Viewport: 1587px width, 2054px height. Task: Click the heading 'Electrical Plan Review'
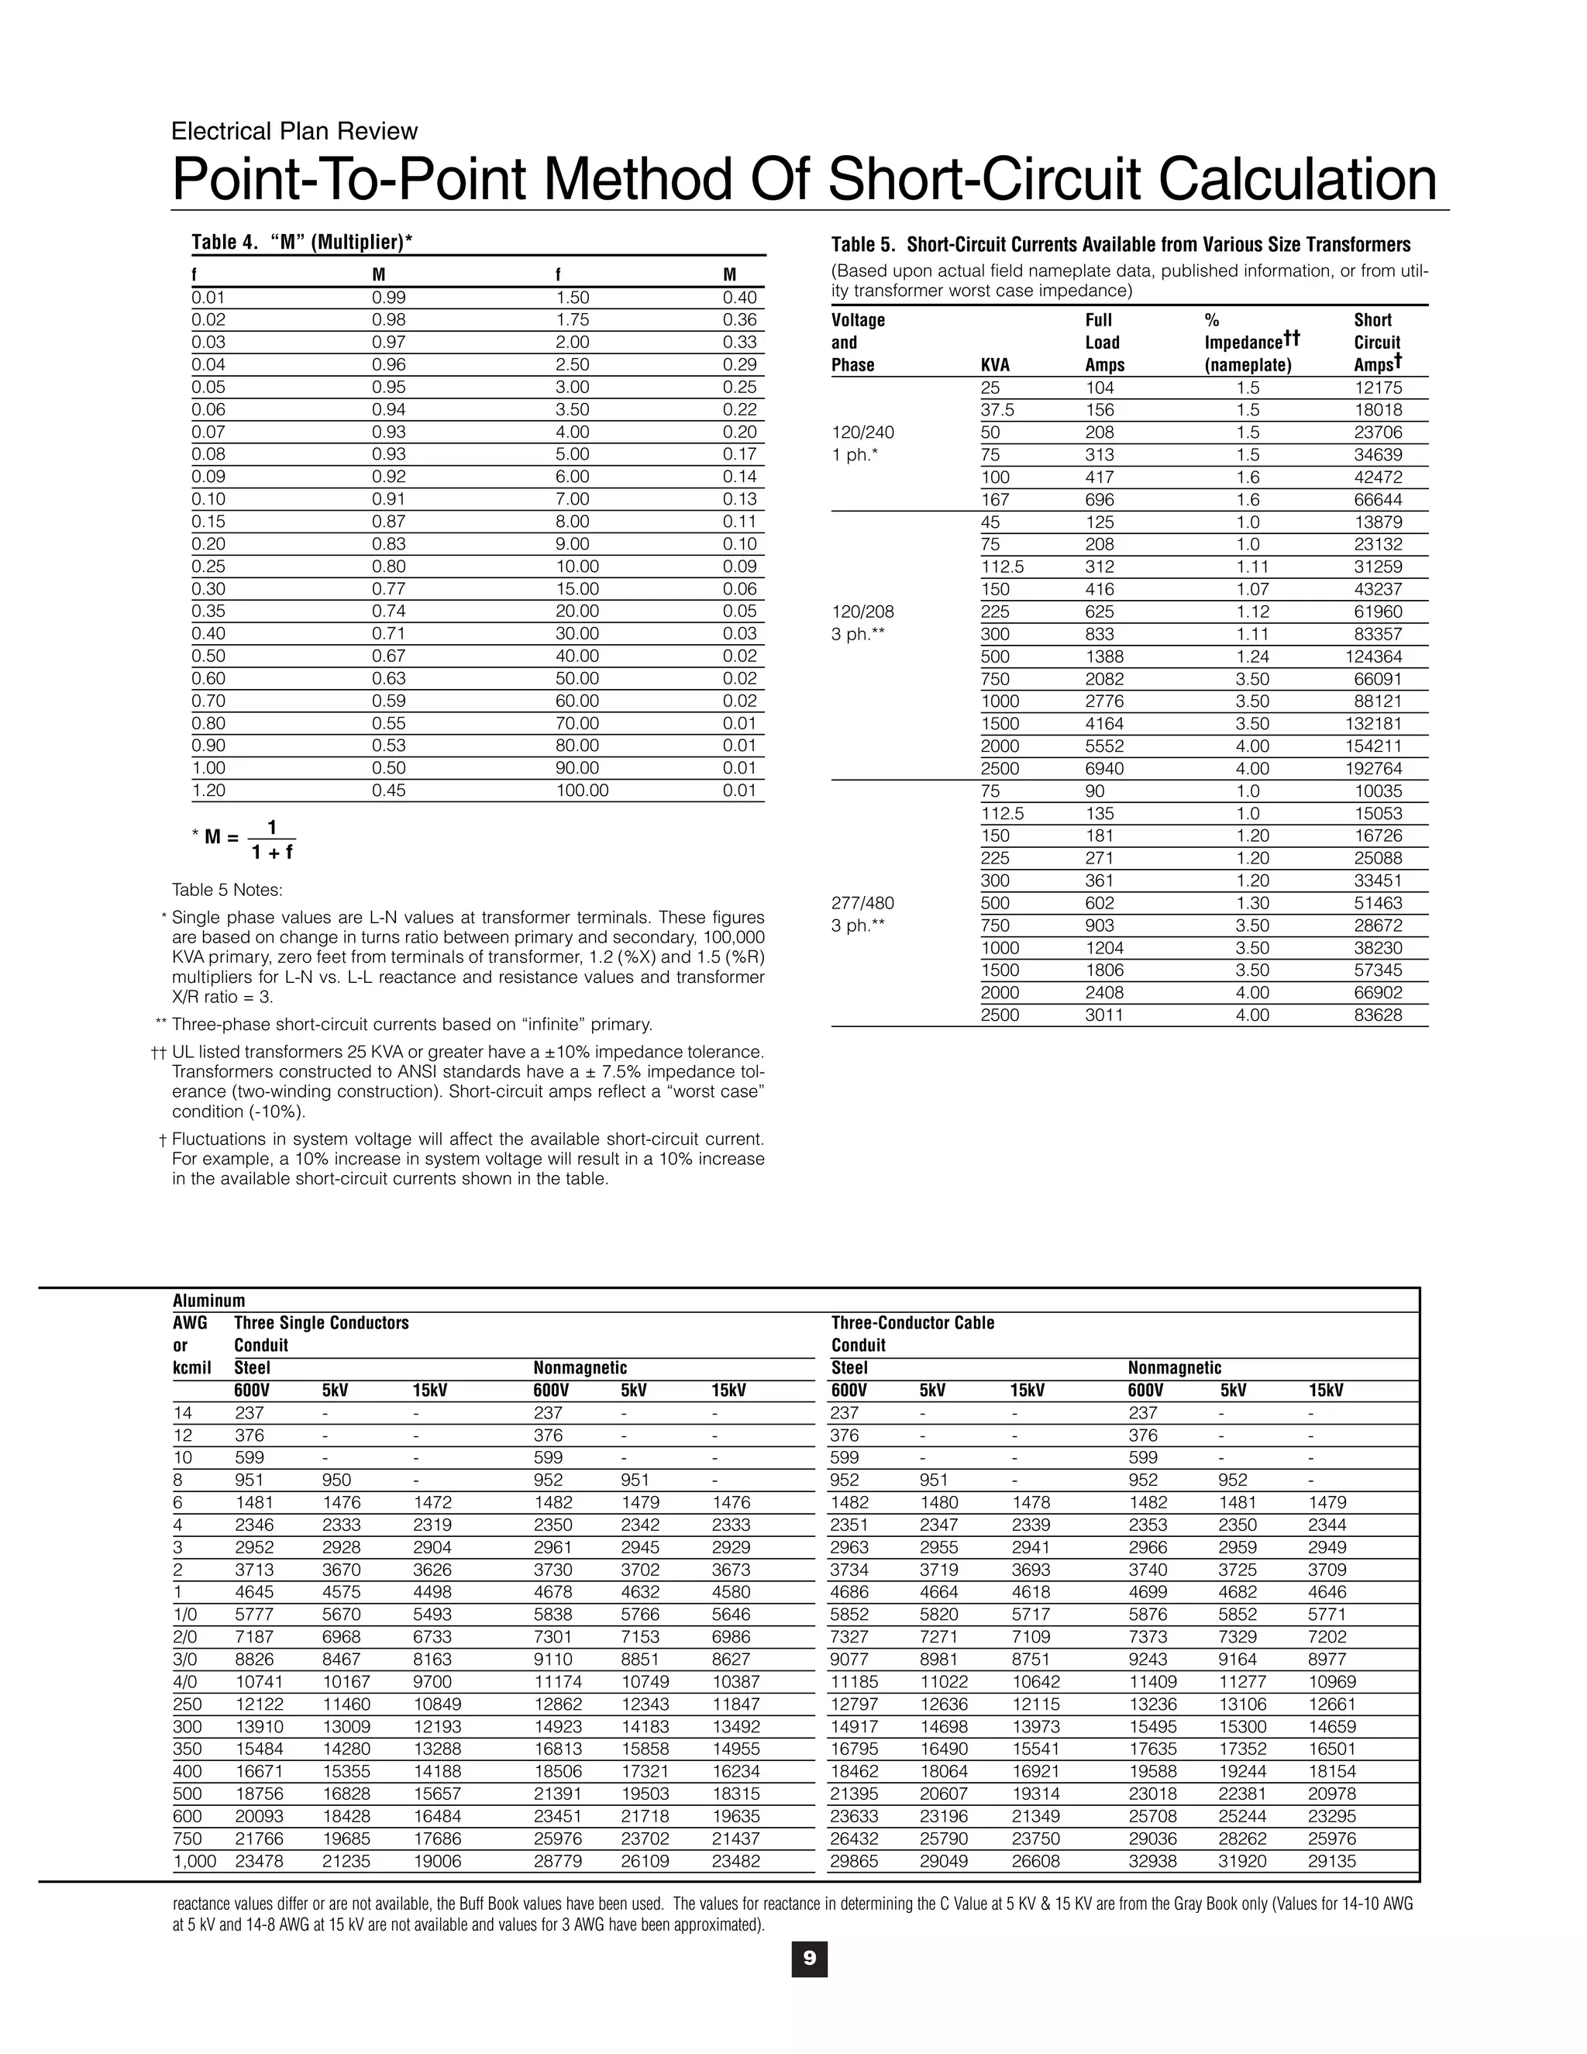tap(294, 131)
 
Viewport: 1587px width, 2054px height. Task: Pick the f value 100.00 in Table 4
tap(582, 790)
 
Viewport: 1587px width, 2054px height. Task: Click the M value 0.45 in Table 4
tap(389, 790)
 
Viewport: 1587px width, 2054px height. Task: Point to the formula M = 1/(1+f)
tap(250, 839)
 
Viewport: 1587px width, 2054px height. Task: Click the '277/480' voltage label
tap(863, 903)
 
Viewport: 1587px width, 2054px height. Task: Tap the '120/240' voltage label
tap(863, 433)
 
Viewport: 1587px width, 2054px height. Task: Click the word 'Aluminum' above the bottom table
tap(208, 1301)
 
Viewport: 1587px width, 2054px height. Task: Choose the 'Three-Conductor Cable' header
tap(912, 1322)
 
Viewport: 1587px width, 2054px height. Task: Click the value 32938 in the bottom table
tap(1152, 1860)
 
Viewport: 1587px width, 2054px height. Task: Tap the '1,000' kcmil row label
tap(195, 1860)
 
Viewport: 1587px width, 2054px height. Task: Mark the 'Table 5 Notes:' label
tap(226, 890)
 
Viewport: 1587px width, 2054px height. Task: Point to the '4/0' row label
tap(187, 1682)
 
